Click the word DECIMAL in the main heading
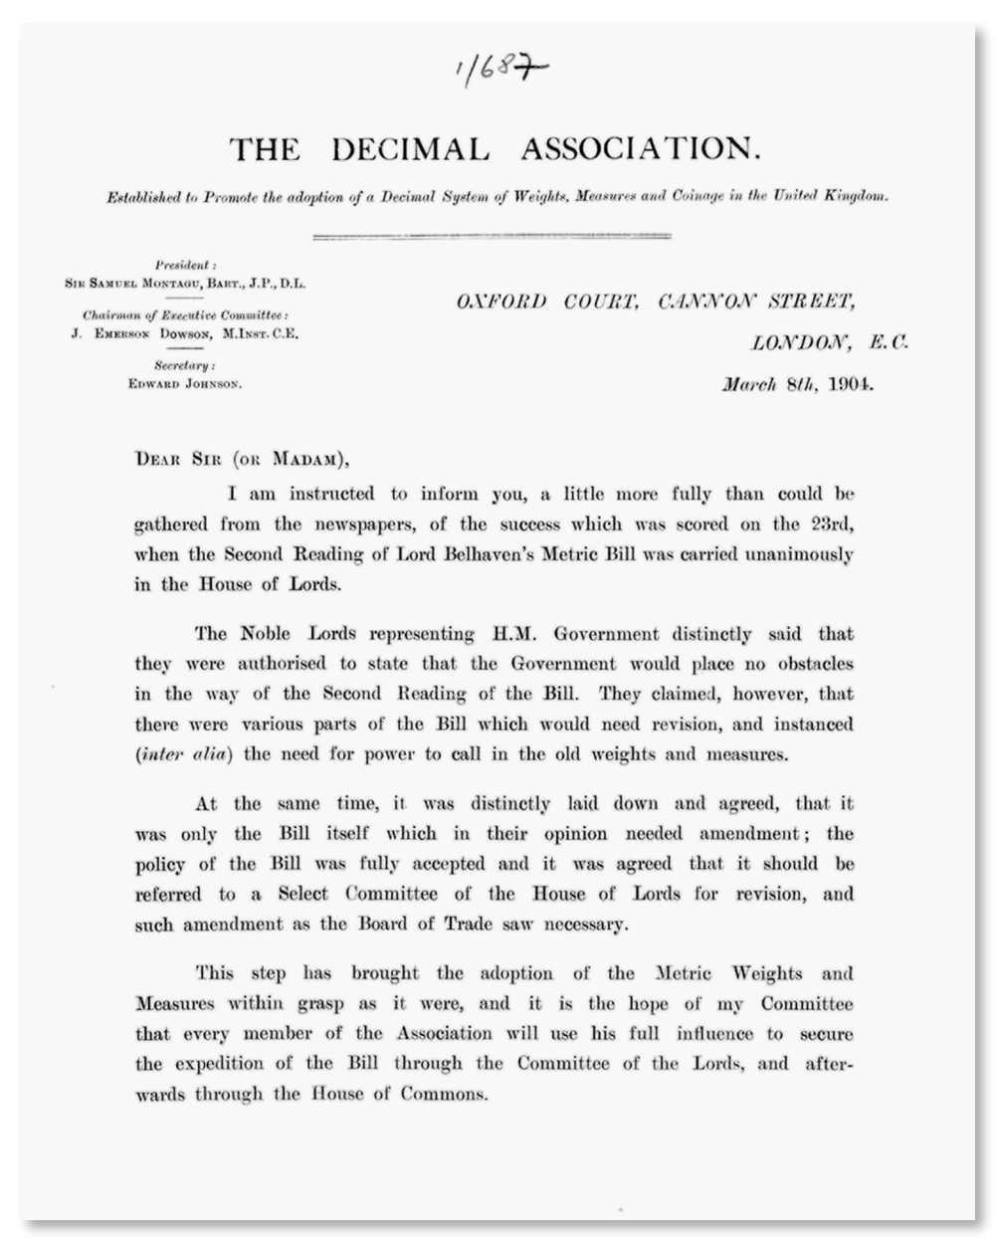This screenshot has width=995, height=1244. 411,150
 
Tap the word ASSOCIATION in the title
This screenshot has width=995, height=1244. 641,150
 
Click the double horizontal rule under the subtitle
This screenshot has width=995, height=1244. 492,236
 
